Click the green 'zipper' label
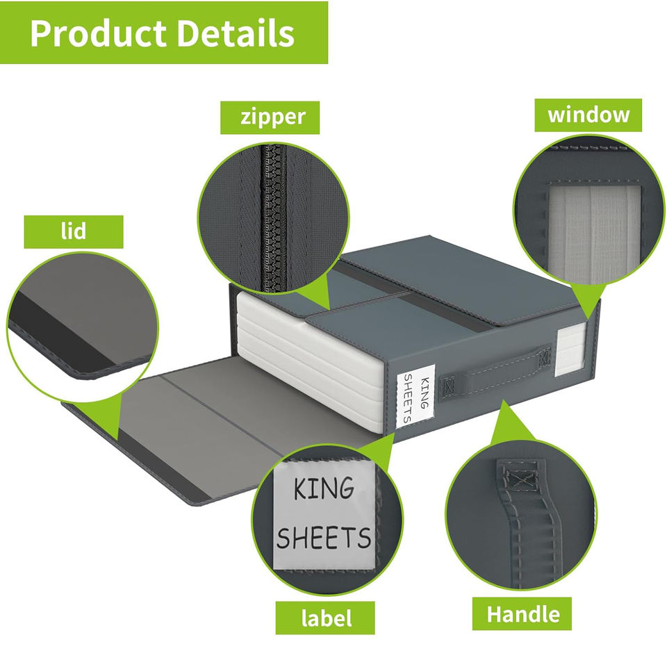point(272,117)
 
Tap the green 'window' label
point(588,115)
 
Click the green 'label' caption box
point(325,617)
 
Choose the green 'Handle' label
point(522,614)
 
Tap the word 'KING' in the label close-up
point(322,489)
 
